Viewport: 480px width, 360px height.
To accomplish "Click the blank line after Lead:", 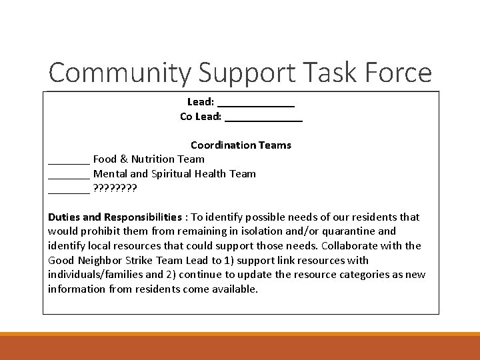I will tap(256, 103).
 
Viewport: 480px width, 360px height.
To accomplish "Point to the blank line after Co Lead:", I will tap(263, 117).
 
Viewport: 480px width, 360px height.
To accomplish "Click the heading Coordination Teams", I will tap(241, 145).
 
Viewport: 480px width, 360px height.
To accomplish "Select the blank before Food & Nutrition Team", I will tap(69, 160).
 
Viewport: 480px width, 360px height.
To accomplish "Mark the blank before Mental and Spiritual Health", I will tap(69, 175).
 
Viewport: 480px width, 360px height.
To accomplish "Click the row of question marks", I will tap(115, 188).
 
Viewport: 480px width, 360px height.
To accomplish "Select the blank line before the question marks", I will tap(69, 189).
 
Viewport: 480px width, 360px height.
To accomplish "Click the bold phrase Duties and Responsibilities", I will tap(115, 217).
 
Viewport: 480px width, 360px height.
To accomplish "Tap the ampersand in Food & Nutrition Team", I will tap(122, 159).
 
